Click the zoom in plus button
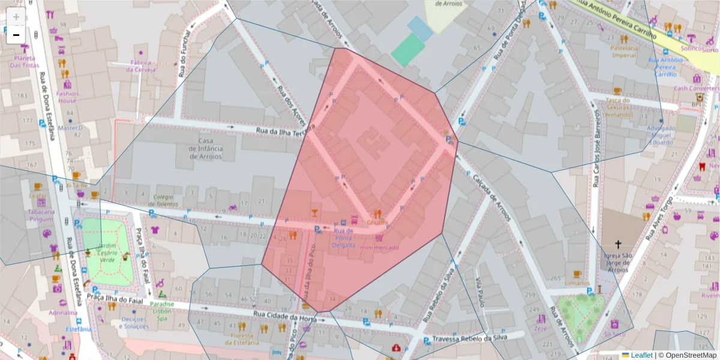pos(16,17)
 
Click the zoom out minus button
pos(16,35)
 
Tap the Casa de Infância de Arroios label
pos(206,149)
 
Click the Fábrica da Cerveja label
pos(140,66)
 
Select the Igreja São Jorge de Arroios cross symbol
pos(618,244)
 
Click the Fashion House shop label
pos(67,97)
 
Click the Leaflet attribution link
pos(641,355)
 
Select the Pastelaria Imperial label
pos(623,52)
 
